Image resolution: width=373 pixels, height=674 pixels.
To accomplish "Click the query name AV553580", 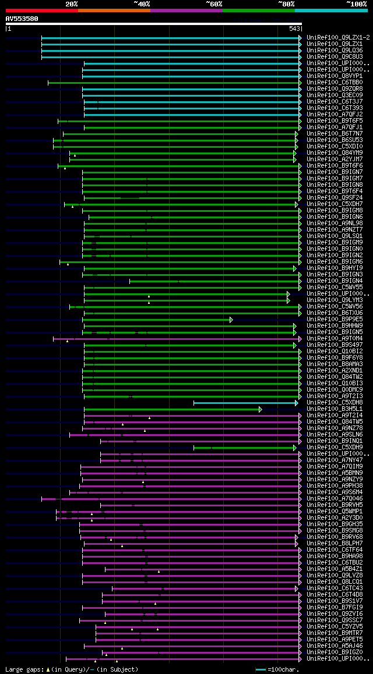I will pyautogui.click(x=22, y=19).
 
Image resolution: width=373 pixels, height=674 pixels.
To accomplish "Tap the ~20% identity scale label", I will pyautogui.click(x=71, y=3).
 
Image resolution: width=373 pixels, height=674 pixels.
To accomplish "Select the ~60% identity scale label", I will pyautogui.click(x=214, y=3).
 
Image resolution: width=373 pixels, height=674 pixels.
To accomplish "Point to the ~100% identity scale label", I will pyautogui.click(x=357, y=3).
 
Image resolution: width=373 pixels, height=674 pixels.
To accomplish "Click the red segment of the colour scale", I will pyautogui.click(x=41, y=10).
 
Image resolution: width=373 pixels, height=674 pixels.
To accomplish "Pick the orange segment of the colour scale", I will pyautogui.click(x=114, y=10).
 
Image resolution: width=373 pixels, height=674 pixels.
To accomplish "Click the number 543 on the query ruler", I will pyautogui.click(x=294, y=29).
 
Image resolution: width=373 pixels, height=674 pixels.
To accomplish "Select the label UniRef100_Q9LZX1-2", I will pyautogui.click(x=338, y=37).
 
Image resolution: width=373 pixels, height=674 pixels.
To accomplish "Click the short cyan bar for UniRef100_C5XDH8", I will pyautogui.click(x=245, y=403).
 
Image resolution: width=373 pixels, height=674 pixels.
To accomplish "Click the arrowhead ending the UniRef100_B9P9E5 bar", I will pyautogui.click(x=231, y=320).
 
